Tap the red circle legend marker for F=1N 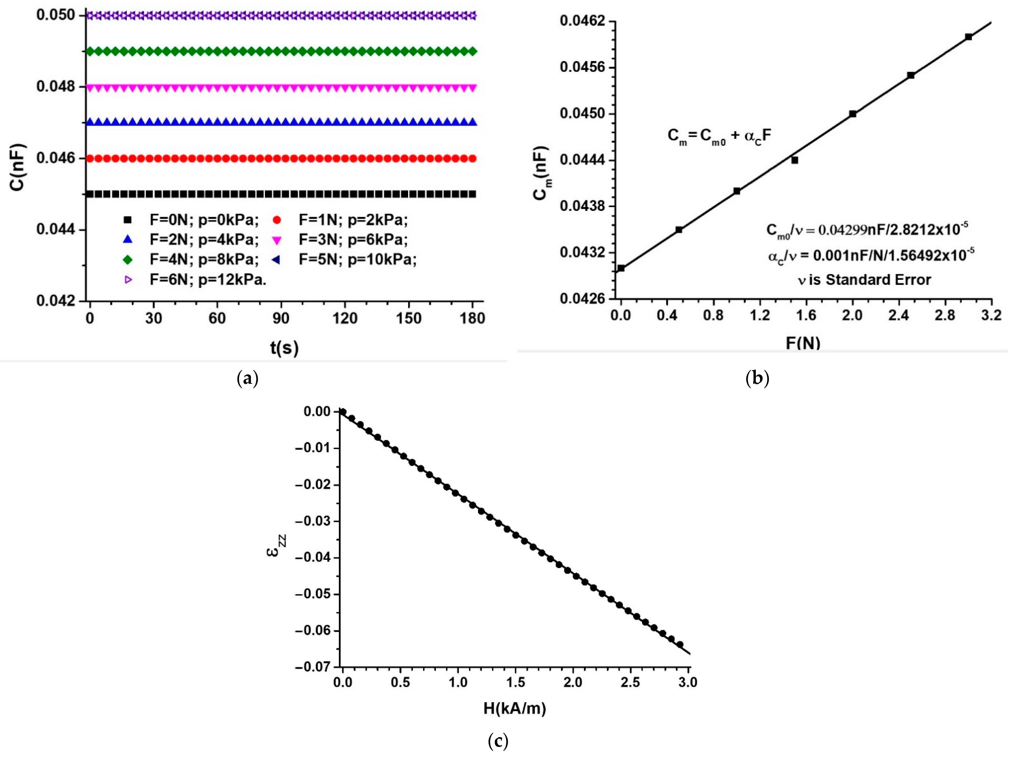tap(277, 220)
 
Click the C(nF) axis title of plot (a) tap(18, 167)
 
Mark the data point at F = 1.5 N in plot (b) tap(794, 160)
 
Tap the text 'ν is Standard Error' tap(864, 279)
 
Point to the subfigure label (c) tap(498, 741)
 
